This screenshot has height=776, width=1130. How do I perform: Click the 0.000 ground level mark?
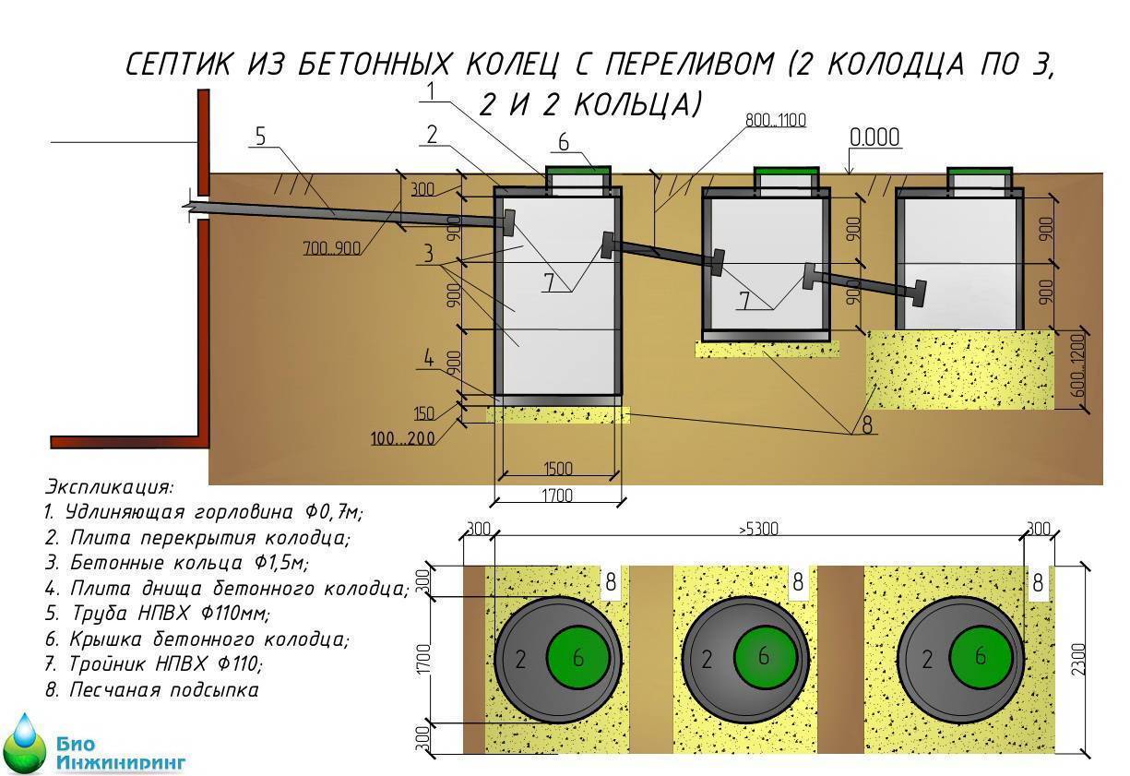[x=874, y=137]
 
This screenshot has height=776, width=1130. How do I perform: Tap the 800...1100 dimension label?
[x=776, y=120]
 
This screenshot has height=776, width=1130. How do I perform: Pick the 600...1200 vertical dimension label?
[x=1079, y=366]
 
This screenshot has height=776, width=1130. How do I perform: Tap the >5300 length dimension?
[x=758, y=530]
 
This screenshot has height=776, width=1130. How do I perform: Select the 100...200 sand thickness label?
[x=403, y=437]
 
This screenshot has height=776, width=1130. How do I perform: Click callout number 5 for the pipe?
[x=259, y=137]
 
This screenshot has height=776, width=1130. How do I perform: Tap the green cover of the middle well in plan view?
[x=765, y=656]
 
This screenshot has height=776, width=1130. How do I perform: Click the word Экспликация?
[x=109, y=486]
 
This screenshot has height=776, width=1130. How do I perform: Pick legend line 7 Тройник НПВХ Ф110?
[x=153, y=663]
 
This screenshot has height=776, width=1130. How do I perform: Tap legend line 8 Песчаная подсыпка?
[x=151, y=689]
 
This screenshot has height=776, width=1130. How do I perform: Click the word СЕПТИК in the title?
[x=180, y=65]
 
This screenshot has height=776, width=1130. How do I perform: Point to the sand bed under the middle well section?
[x=767, y=349]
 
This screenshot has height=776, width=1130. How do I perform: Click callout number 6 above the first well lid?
[x=565, y=142]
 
